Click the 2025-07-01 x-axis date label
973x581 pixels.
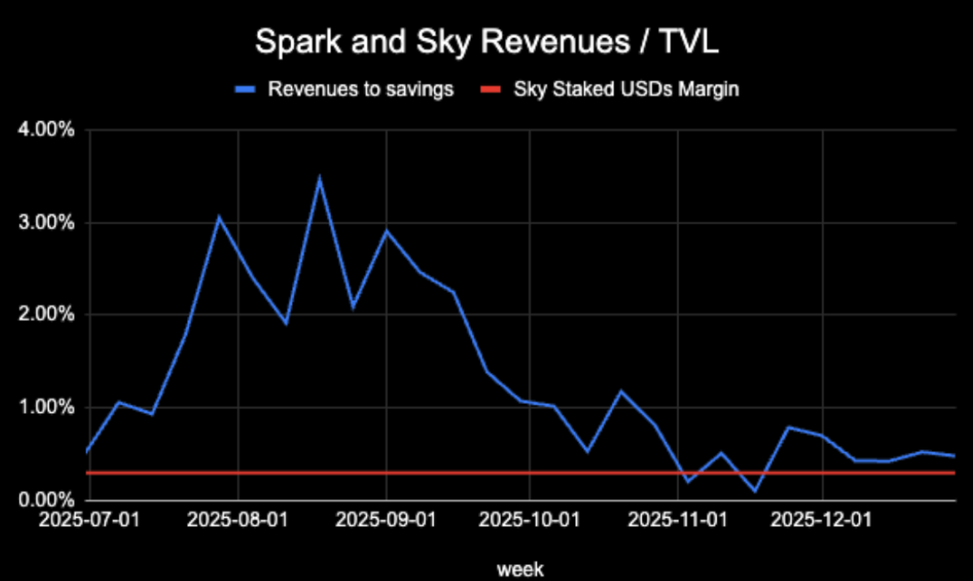point(90,519)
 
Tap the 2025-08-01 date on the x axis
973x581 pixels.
point(239,519)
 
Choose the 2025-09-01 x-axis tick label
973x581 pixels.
point(386,519)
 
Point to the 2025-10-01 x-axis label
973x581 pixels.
point(530,519)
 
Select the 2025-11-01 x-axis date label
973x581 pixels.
point(678,519)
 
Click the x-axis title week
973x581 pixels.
point(521,567)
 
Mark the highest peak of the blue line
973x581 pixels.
point(320,178)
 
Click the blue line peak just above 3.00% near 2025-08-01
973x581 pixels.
point(220,217)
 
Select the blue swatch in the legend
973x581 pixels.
point(244,90)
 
